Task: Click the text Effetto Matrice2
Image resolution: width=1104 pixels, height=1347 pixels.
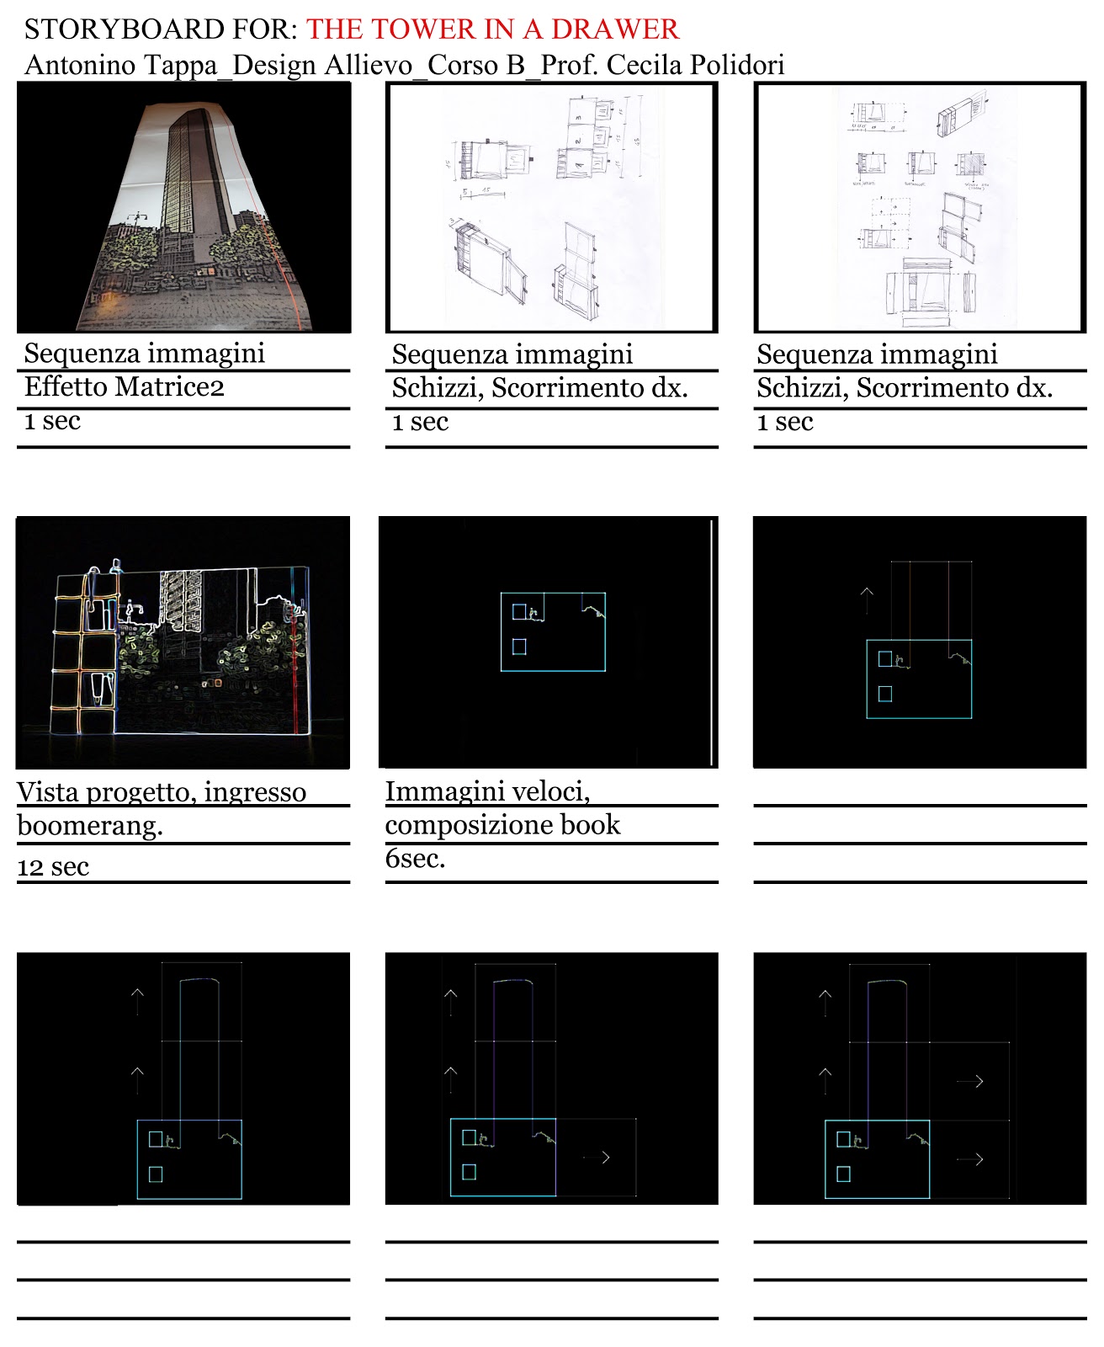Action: point(125,387)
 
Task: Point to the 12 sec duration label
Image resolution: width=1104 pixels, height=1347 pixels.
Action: point(53,866)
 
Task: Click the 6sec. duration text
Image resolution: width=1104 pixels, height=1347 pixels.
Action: point(415,859)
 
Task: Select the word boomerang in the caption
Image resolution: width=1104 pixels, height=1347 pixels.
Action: point(90,826)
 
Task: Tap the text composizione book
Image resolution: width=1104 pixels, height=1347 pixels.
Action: point(502,825)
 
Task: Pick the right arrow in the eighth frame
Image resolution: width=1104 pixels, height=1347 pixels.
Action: point(597,1158)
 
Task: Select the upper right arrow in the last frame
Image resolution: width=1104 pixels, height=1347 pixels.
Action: point(969,1081)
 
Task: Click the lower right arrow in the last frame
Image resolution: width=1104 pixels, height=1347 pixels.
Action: point(969,1159)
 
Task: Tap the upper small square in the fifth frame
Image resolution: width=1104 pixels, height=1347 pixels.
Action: point(519,612)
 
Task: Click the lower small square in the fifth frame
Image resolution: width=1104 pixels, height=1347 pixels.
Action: point(519,647)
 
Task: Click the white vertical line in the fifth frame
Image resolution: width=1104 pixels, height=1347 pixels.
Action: point(712,642)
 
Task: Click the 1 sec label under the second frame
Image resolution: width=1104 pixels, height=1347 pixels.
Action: point(420,422)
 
